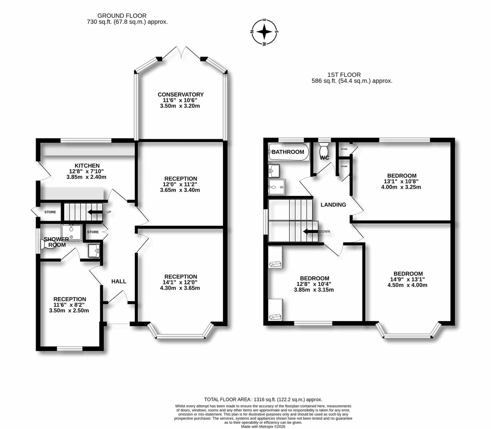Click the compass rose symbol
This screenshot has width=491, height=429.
pyautogui.click(x=265, y=32)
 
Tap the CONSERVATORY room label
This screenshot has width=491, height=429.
pyautogui.click(x=180, y=94)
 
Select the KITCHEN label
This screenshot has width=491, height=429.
pyautogui.click(x=87, y=165)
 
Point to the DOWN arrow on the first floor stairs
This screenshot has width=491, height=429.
pyautogui.click(x=310, y=231)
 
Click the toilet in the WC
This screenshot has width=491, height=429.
pyautogui.click(x=324, y=149)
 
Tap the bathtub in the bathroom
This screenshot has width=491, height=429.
pyautogui.click(x=288, y=152)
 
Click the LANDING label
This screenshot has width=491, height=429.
pyautogui.click(x=333, y=205)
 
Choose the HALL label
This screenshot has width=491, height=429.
pyautogui.click(x=119, y=281)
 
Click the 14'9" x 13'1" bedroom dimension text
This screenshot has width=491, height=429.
pyautogui.click(x=408, y=279)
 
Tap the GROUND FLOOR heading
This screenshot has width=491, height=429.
pyautogui.click(x=122, y=16)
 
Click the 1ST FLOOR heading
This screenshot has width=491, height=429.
pyautogui.click(x=344, y=75)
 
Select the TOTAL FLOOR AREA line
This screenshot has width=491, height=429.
pyautogui.click(x=263, y=400)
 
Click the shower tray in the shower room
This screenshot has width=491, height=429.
pyautogui.click(x=72, y=232)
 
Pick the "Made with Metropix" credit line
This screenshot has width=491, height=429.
pyautogui.click(x=263, y=427)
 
